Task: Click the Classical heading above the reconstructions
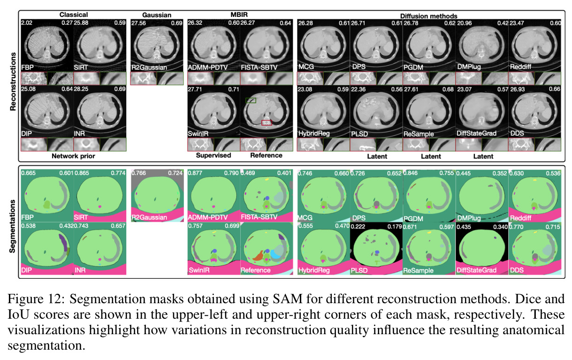tap(74, 15)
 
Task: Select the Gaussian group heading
tap(157, 15)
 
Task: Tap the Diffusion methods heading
tap(429, 16)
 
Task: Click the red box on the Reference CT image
tap(267, 123)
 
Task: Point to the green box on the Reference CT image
tap(251, 100)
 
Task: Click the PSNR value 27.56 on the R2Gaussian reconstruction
tap(138, 23)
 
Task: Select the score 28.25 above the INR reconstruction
tap(81, 89)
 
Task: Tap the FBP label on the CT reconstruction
tap(27, 68)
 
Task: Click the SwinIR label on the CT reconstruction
tap(198, 134)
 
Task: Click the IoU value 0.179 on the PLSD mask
tap(395, 227)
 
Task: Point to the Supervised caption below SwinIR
tap(214, 155)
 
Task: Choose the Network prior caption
tap(73, 156)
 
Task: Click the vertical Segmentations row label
tap(12, 226)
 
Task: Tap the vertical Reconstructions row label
tap(13, 82)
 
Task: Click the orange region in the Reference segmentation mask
tap(259, 256)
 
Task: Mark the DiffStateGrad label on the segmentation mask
tap(476, 270)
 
